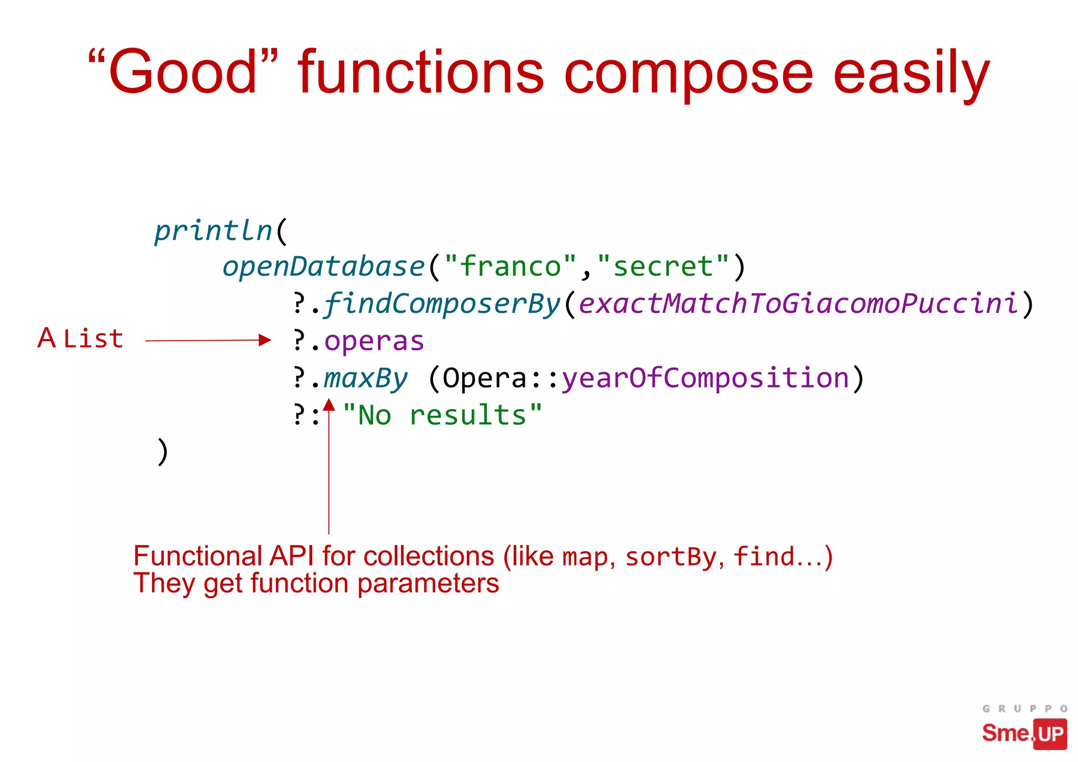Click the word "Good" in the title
point(182,72)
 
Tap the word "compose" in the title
point(688,74)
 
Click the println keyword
point(213,231)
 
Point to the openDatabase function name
point(323,266)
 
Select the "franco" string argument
point(510,266)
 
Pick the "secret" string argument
point(663,266)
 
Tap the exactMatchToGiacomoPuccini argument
point(798,304)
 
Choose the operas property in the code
point(374,341)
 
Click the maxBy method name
point(365,379)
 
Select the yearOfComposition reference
point(705,379)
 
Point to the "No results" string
point(442,415)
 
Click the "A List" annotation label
point(81,339)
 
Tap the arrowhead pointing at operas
point(265,340)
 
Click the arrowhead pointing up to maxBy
point(329,404)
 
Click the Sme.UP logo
point(1024,732)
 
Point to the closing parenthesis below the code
point(163,452)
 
